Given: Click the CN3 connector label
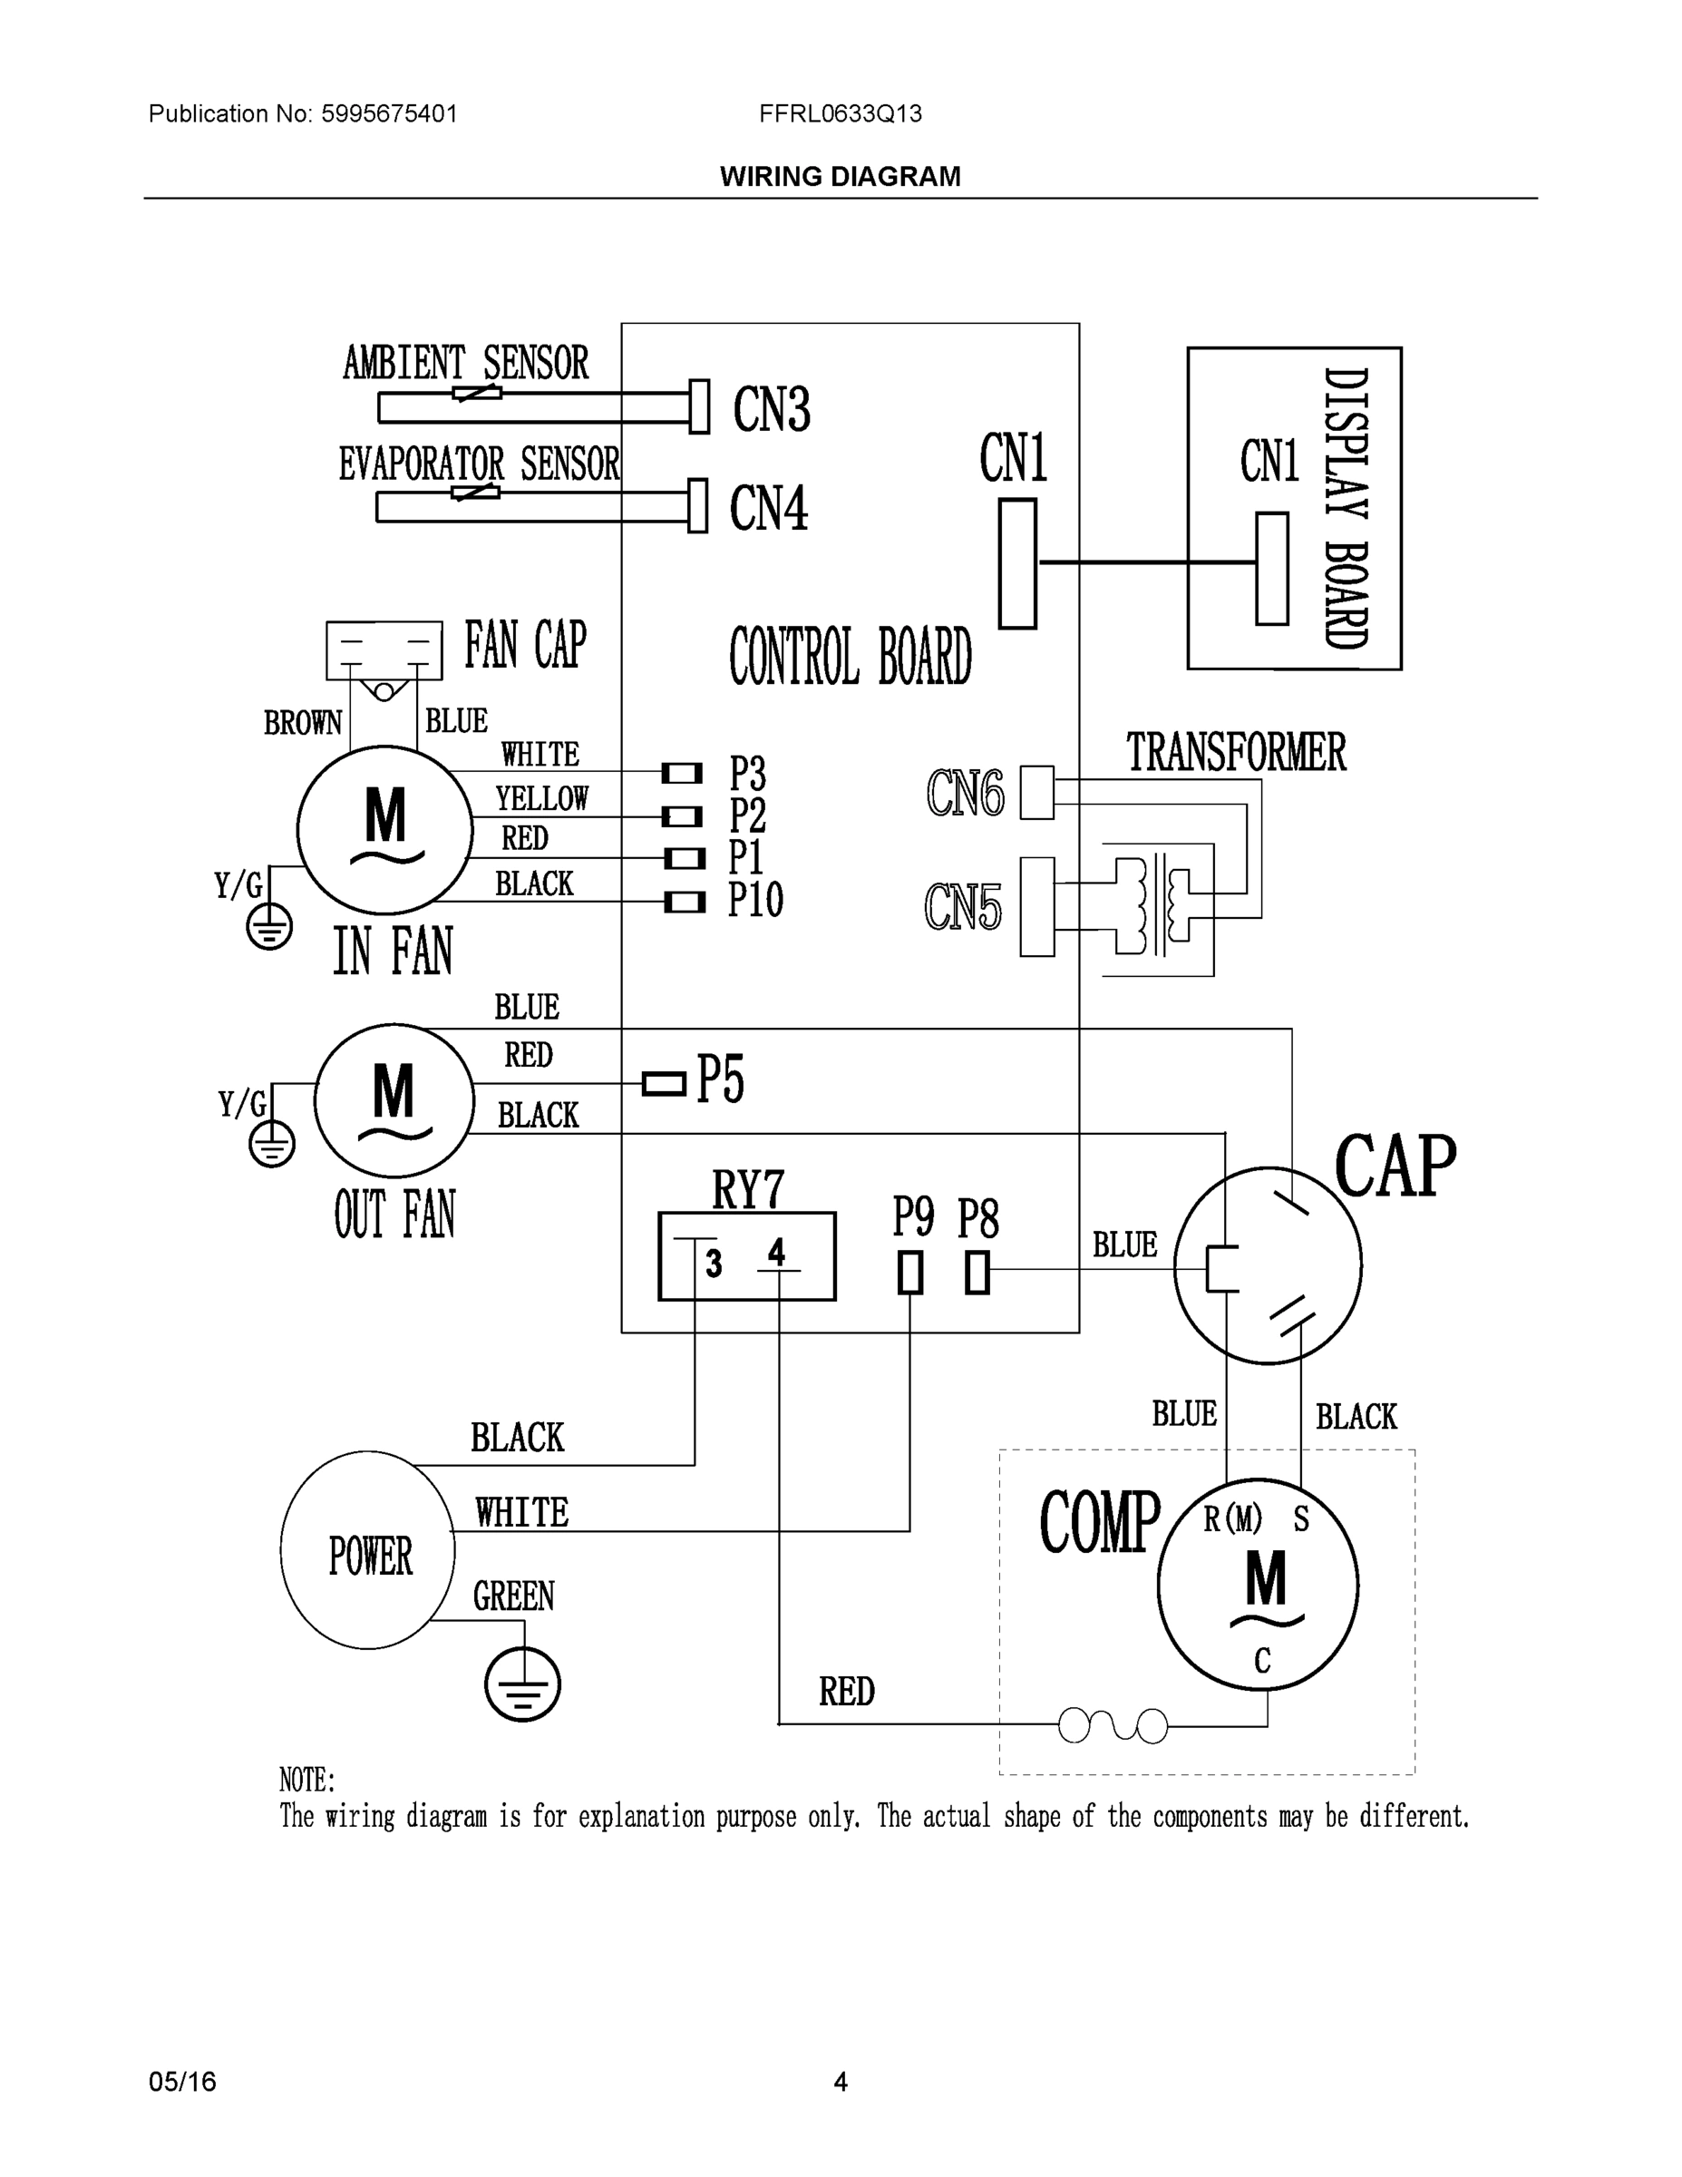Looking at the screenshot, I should [772, 409].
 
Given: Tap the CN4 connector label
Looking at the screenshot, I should [768, 507].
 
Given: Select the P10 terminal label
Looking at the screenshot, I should [754, 900].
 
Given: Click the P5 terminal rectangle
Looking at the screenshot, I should [664, 1084].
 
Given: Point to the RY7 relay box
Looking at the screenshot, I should [746, 1256].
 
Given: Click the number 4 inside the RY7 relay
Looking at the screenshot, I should [776, 1252].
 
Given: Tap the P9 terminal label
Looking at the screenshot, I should [913, 1217].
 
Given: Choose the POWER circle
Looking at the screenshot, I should [368, 1550].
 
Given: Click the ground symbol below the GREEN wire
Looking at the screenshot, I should [522, 1684].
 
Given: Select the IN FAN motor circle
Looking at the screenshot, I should [384, 829].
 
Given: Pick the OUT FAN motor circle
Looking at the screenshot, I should [394, 1100].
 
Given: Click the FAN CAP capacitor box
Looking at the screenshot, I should [384, 649].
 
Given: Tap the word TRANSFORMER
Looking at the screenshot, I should [1236, 753].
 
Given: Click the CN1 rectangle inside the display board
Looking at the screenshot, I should [1271, 569].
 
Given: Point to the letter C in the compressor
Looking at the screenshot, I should [1262, 1661].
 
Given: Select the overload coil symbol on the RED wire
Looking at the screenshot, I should [1113, 1725].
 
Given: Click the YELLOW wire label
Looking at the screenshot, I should [542, 798].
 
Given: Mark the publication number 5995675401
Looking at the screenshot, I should [389, 113].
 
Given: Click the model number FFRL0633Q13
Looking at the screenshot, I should [840, 113].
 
